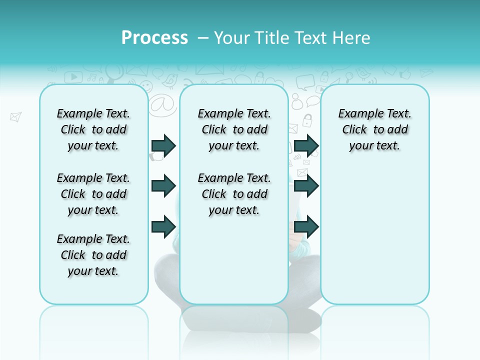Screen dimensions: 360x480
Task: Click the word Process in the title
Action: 154,38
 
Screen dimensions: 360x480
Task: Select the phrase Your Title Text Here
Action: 292,38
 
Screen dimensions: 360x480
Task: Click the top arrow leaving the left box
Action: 163,145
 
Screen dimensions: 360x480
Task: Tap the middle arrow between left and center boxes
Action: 163,186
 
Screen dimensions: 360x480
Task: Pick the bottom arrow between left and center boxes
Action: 163,226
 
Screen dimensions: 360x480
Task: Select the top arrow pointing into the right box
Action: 306,145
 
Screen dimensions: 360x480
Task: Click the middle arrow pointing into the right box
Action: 306,186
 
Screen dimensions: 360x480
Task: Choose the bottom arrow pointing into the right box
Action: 306,226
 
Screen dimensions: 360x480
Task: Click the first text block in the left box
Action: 93,129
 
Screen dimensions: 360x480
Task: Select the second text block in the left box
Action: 93,194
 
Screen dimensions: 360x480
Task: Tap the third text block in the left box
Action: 93,255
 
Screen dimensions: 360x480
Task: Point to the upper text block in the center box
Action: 234,129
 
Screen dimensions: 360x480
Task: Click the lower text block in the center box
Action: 234,194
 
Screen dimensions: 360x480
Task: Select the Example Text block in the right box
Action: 374,129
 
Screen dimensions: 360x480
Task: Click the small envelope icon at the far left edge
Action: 16,117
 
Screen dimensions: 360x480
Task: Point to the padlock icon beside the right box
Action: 307,120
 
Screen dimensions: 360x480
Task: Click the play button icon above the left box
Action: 73,76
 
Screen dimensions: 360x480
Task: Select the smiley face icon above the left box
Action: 145,85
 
